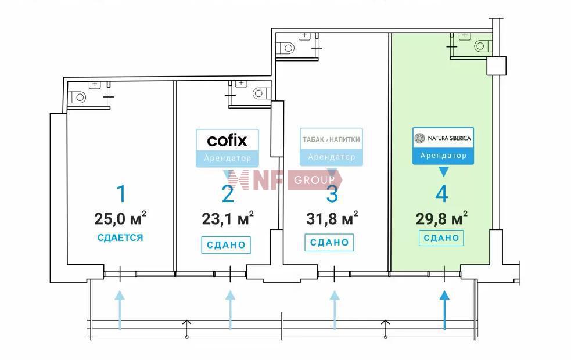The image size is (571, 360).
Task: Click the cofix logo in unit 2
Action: click(x=227, y=140)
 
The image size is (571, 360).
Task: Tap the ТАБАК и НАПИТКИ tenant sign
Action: click(x=331, y=139)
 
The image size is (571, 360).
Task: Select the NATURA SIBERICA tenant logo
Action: click(x=443, y=138)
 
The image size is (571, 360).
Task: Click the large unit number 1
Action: click(x=121, y=194)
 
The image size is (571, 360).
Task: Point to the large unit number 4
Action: click(x=441, y=194)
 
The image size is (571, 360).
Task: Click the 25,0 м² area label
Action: click(x=120, y=218)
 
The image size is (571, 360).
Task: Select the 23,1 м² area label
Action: click(x=228, y=218)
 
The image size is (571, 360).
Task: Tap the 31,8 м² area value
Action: click(x=332, y=218)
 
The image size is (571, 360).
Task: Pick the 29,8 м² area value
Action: click(x=441, y=218)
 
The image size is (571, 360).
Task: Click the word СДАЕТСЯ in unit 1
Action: click(x=120, y=237)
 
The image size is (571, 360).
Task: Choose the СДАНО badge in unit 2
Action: click(x=226, y=244)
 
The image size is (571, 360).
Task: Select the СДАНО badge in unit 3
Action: click(x=329, y=243)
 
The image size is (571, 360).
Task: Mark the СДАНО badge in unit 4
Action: click(x=441, y=238)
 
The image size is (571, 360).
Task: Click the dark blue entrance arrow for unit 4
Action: click(x=444, y=309)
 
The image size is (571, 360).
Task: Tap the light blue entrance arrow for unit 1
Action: click(x=120, y=309)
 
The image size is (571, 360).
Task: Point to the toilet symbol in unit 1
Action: click(x=78, y=97)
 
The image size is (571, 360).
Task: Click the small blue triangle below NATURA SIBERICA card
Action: click(x=443, y=172)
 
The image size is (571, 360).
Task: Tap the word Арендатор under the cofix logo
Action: click(x=227, y=158)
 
